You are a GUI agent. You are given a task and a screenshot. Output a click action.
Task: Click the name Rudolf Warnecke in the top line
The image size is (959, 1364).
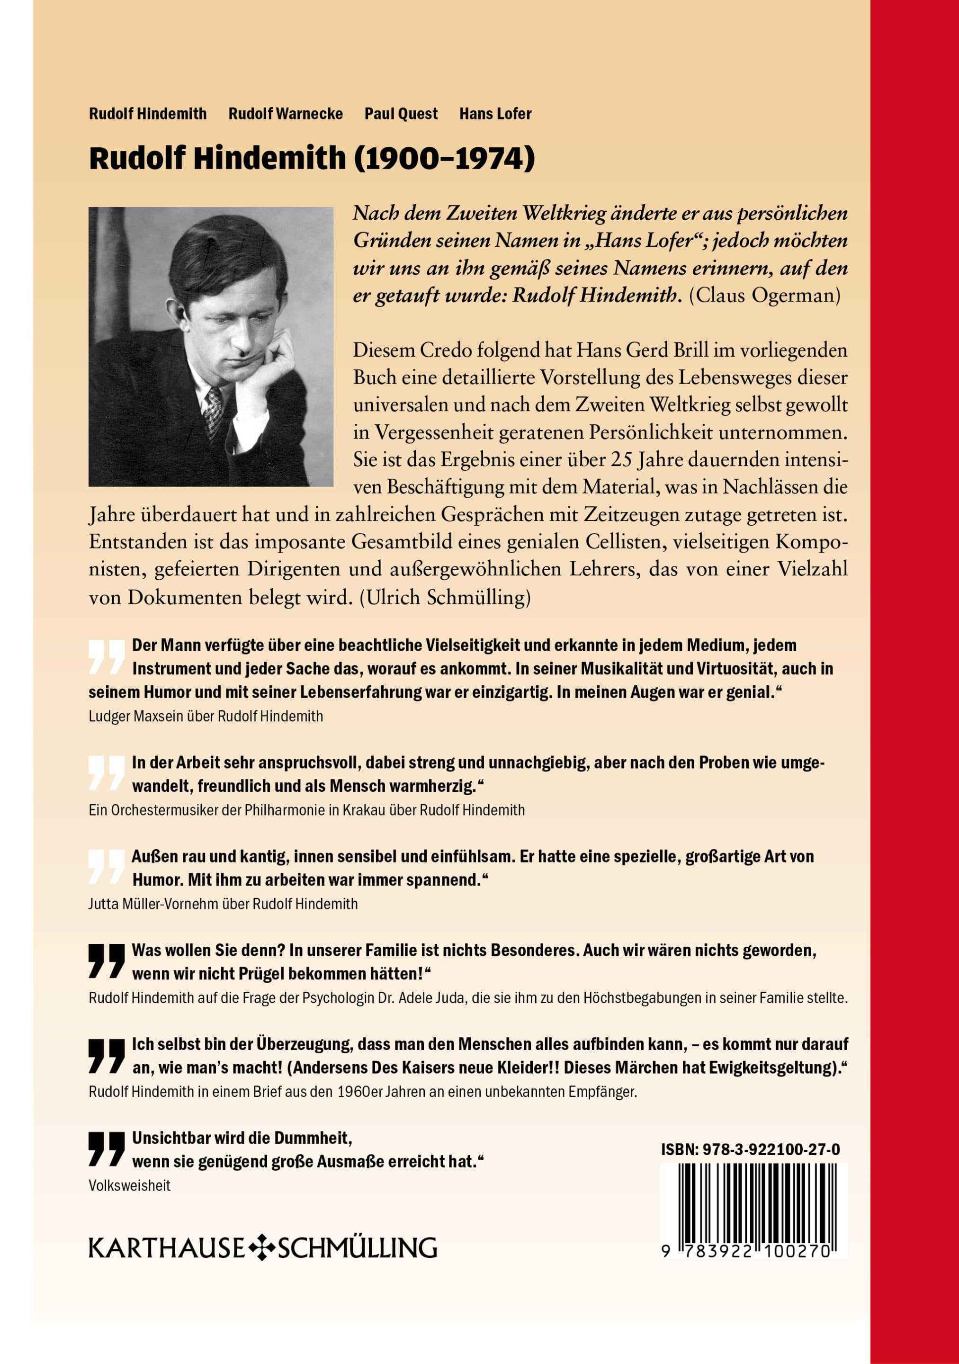[x=285, y=114]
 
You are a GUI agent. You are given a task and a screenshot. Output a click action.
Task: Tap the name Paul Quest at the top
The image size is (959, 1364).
[x=401, y=114]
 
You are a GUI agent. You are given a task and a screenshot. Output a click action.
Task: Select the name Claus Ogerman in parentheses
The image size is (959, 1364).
[x=765, y=295]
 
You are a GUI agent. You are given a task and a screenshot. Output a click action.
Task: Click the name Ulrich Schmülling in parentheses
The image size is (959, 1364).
[x=444, y=597]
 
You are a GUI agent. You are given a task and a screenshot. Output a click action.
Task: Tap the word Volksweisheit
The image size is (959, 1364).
[x=130, y=1185]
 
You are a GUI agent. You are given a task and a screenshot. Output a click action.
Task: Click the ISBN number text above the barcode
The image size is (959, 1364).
[x=751, y=1149]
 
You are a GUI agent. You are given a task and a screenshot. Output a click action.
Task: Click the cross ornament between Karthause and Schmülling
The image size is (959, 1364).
[x=261, y=1248]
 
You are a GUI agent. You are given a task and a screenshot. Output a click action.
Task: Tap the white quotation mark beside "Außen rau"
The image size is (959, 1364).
[x=107, y=867]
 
